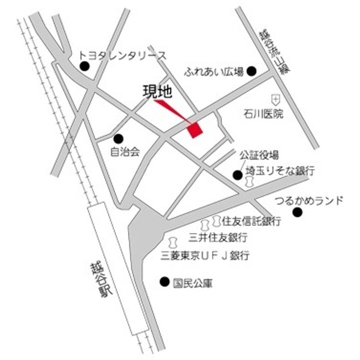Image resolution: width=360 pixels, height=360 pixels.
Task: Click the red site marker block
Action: click(x=195, y=129)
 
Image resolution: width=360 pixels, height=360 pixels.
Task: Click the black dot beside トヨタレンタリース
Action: click(x=84, y=65)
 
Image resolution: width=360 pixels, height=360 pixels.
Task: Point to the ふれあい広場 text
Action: click(x=213, y=71)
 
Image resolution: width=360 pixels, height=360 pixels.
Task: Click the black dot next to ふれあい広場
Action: click(x=252, y=71)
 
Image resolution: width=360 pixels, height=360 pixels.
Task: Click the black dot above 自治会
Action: click(x=118, y=138)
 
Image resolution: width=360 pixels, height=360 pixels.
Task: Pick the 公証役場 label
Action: click(x=258, y=154)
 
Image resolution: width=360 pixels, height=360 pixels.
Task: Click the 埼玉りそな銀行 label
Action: click(x=279, y=171)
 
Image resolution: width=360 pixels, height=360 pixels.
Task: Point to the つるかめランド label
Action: click(x=309, y=201)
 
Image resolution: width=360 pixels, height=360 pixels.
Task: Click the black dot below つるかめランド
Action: click(x=297, y=213)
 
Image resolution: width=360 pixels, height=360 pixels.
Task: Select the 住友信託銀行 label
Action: click(x=251, y=220)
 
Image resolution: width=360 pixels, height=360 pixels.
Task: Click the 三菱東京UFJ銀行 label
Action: click(x=205, y=256)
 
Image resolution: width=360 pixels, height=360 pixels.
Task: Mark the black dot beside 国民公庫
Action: click(x=163, y=282)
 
